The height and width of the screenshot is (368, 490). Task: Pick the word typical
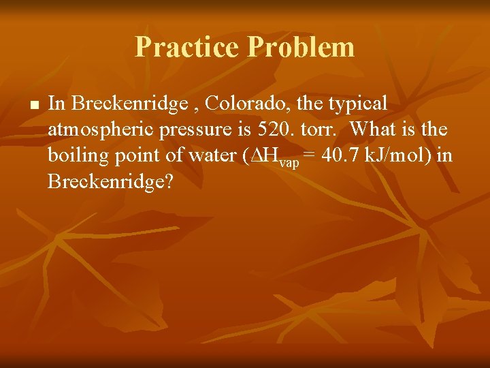coord(357,104)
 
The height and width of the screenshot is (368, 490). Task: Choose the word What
coord(377,129)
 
